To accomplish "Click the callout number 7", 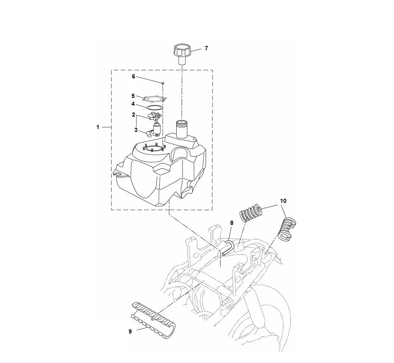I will click(x=206, y=49).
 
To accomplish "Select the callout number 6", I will click(x=134, y=77).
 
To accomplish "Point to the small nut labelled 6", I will click(x=163, y=83).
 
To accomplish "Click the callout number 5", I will click(x=134, y=96).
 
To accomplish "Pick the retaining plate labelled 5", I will click(x=154, y=99).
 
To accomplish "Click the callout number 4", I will click(x=134, y=104).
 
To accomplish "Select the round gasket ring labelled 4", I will click(x=154, y=107).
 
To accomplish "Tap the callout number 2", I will click(x=134, y=114).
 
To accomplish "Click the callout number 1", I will click(x=98, y=127).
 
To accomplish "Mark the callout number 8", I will click(x=232, y=223).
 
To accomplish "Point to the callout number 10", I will click(x=283, y=200).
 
